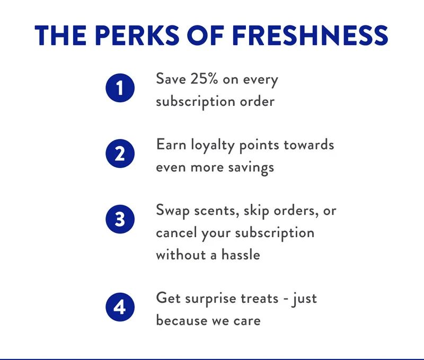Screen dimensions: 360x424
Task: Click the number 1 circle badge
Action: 120,88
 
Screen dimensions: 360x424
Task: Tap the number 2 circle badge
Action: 120,154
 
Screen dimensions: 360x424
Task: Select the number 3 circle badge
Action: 120,220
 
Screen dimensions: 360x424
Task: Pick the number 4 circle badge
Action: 120,308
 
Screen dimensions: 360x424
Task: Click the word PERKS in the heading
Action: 131,35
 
